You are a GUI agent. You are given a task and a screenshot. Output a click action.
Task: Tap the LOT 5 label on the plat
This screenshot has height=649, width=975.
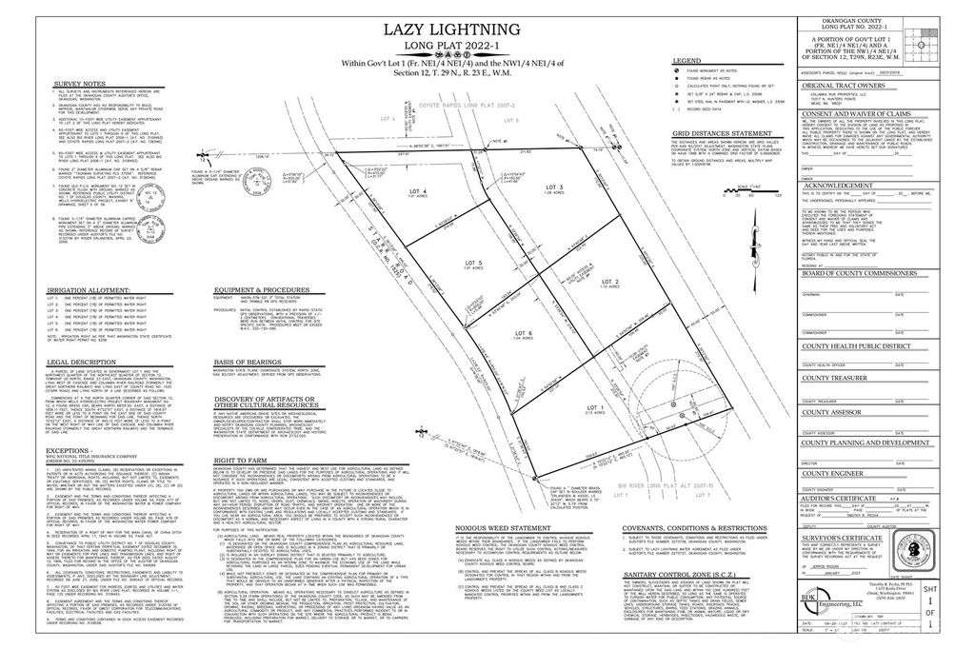471,261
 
